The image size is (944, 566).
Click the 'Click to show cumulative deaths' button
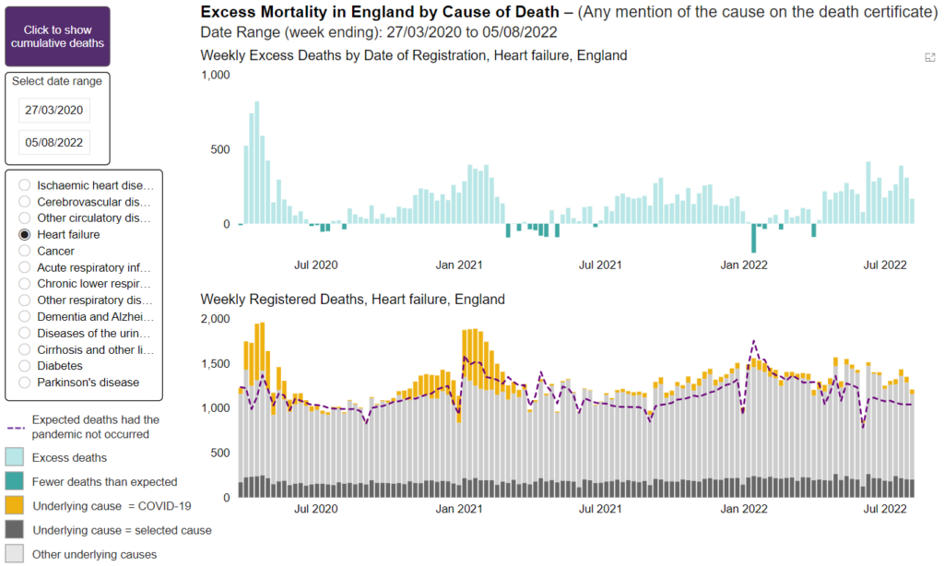pos(57,37)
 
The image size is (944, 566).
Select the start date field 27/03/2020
pos(54,110)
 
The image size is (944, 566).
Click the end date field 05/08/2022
pos(54,143)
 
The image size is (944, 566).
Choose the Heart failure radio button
pos(25,234)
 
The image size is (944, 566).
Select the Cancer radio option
pos(25,251)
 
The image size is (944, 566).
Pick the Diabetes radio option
pos(25,365)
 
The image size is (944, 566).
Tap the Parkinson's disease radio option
pos(25,382)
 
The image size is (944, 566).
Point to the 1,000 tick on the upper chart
pos(215,75)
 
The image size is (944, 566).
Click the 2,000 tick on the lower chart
pos(215,319)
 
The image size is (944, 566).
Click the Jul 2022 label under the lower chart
pos(885,509)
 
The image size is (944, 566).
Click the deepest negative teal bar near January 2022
pos(753,238)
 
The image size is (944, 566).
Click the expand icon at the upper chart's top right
pos(929,57)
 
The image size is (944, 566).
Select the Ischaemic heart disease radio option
pos(25,185)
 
